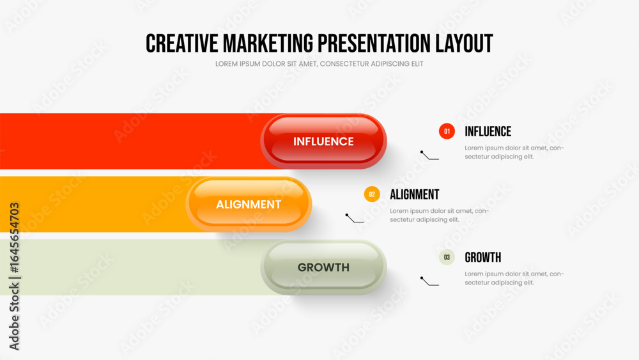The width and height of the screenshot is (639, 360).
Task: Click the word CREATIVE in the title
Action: pyautogui.click(x=181, y=43)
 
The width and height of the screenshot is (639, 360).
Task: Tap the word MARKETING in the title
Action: pyautogui.click(x=268, y=43)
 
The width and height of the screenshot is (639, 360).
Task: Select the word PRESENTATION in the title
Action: pyautogui.click(x=374, y=43)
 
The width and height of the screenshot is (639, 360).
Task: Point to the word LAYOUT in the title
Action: pyautogui.click(x=464, y=43)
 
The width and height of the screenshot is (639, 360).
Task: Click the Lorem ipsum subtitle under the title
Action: pyautogui.click(x=319, y=64)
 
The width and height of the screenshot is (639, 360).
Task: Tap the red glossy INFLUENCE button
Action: pyautogui.click(x=323, y=141)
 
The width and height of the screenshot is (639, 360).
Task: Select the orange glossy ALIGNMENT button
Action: pyautogui.click(x=249, y=204)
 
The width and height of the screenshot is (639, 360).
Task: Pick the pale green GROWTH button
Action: pyautogui.click(x=323, y=267)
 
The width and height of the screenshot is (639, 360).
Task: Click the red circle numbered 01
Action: pyautogui.click(x=447, y=131)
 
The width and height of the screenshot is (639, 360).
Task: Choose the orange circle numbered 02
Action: pyautogui.click(x=372, y=194)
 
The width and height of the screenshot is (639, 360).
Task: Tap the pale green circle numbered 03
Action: pyautogui.click(x=447, y=257)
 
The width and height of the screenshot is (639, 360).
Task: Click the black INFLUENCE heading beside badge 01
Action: pyautogui.click(x=488, y=131)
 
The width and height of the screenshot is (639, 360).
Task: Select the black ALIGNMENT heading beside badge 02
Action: pyautogui.click(x=415, y=194)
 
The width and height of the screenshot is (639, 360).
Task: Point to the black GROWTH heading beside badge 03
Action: pyautogui.click(x=483, y=257)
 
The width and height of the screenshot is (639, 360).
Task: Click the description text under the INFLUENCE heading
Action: pyautogui.click(x=514, y=152)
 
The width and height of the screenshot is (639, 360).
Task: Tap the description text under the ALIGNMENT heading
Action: pyautogui.click(x=440, y=215)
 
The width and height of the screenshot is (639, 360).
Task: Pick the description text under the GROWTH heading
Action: pyautogui.click(x=514, y=278)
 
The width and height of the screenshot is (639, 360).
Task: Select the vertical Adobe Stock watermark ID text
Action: pyautogui.click(x=14, y=276)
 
